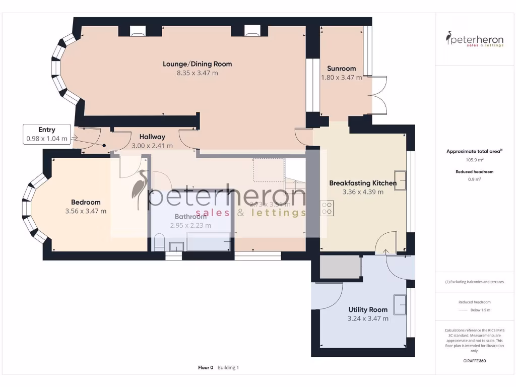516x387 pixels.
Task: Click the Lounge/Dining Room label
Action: tap(197, 64)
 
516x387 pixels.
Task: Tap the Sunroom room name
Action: tap(341, 69)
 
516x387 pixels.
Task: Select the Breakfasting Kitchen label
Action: tap(362, 183)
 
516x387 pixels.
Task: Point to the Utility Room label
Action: tap(368, 309)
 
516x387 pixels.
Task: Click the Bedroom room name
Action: tap(86, 202)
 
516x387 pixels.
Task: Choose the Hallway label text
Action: tap(152, 137)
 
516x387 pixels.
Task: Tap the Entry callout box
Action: tap(47, 134)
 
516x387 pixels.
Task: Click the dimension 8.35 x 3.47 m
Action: tap(197, 73)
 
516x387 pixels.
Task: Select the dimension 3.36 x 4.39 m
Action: tap(363, 192)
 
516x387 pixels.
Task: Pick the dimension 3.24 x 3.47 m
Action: tap(368, 318)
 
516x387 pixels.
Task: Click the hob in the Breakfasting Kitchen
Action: tap(327, 208)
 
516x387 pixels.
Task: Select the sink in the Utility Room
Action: tap(400, 304)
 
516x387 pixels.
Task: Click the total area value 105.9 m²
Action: tap(475, 160)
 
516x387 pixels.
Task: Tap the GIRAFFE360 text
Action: tap(475, 361)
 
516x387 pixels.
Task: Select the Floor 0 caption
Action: tap(206, 368)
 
